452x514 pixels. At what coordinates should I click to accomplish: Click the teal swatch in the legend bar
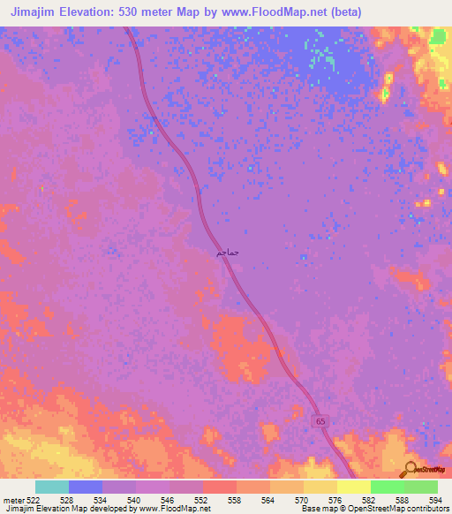(x=52, y=487)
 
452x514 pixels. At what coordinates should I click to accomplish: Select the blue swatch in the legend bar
(x=86, y=487)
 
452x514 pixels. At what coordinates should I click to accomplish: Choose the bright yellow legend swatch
(x=354, y=487)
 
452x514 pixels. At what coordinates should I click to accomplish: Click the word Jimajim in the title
(x=35, y=12)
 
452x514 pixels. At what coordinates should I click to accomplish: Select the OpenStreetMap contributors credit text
(x=396, y=509)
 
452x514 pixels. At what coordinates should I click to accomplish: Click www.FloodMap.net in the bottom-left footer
(x=174, y=509)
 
